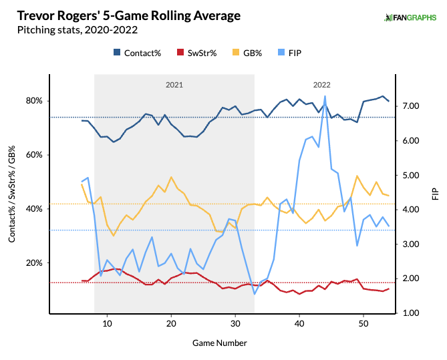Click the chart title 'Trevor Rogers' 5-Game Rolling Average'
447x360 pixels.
click(x=125, y=15)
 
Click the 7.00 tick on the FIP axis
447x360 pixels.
click(x=411, y=106)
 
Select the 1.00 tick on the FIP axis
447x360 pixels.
click(x=411, y=313)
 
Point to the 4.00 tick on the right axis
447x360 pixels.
click(x=411, y=210)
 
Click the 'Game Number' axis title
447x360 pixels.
click(x=220, y=343)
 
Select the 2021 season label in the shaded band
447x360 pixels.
click(x=174, y=85)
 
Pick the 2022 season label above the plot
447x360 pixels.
click(x=321, y=85)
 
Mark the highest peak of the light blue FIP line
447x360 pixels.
click(x=325, y=96)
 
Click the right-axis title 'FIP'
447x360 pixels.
click(x=435, y=194)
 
